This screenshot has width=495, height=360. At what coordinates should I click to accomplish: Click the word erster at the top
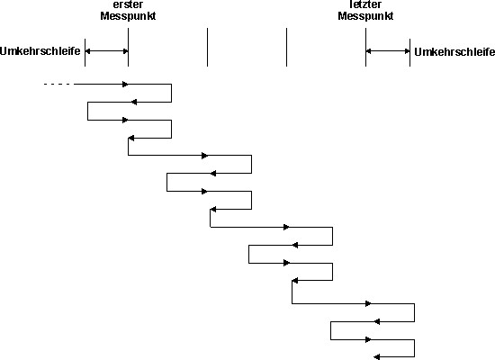point(128,4)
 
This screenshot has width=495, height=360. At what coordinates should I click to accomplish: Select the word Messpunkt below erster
point(128,16)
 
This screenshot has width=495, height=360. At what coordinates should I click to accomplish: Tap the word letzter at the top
point(365,4)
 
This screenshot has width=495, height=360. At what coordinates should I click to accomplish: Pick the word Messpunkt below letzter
point(365,16)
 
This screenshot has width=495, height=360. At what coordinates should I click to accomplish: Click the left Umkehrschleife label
point(40,51)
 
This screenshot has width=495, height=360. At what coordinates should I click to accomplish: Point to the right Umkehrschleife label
point(454,52)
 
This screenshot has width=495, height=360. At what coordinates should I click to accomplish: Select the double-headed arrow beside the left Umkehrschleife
point(107,51)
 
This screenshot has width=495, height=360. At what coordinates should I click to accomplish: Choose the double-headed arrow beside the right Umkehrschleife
point(388,50)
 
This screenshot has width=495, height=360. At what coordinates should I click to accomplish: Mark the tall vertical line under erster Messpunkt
point(128,47)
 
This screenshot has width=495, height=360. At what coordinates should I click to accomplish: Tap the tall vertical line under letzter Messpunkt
point(366,47)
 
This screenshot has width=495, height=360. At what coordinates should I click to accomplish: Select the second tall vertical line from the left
point(207,47)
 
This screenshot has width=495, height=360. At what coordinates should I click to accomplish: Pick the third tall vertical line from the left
point(286,47)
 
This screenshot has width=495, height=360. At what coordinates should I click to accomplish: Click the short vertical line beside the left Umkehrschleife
point(85,52)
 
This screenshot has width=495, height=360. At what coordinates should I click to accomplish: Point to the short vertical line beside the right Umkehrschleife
point(410,52)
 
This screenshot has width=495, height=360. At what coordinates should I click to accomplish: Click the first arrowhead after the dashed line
point(125,84)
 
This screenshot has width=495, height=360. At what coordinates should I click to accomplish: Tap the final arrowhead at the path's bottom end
point(376,357)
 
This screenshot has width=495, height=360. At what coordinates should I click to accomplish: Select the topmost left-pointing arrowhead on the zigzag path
point(134,102)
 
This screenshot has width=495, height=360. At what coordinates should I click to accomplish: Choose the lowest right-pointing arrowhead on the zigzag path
point(368,339)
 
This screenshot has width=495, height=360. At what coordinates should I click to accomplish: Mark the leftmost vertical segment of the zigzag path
point(88,111)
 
